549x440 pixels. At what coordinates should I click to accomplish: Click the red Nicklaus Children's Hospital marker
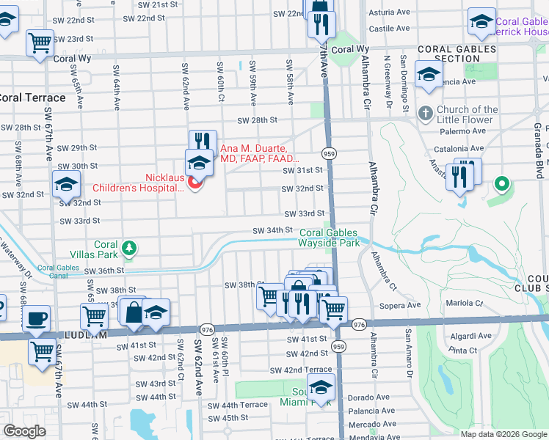click(194, 183)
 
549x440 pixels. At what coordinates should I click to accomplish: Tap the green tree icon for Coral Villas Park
click(129, 247)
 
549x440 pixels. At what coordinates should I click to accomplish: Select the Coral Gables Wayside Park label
click(329, 238)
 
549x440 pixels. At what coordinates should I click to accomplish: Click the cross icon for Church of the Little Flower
click(424, 114)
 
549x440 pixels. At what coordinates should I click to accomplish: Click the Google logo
click(25, 431)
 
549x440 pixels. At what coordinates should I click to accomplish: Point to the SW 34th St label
click(272, 230)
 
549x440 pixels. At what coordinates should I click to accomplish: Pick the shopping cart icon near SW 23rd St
click(40, 43)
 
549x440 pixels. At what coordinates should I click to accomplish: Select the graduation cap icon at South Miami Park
click(321, 387)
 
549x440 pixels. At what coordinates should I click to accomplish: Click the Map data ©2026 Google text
click(503, 433)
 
